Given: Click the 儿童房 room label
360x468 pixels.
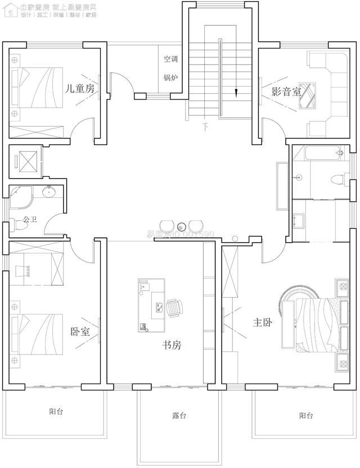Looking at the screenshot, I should click(80, 89).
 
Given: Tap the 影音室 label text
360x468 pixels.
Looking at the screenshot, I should click(286, 92).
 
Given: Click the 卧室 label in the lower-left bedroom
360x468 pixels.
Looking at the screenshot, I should click(80, 332).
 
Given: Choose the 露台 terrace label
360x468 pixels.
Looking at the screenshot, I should click(179, 416).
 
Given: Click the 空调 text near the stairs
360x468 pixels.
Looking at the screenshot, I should click(170, 58).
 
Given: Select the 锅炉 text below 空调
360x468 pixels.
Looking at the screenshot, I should click(170, 77).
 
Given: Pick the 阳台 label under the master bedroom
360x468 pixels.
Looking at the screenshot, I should click(306, 416).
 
